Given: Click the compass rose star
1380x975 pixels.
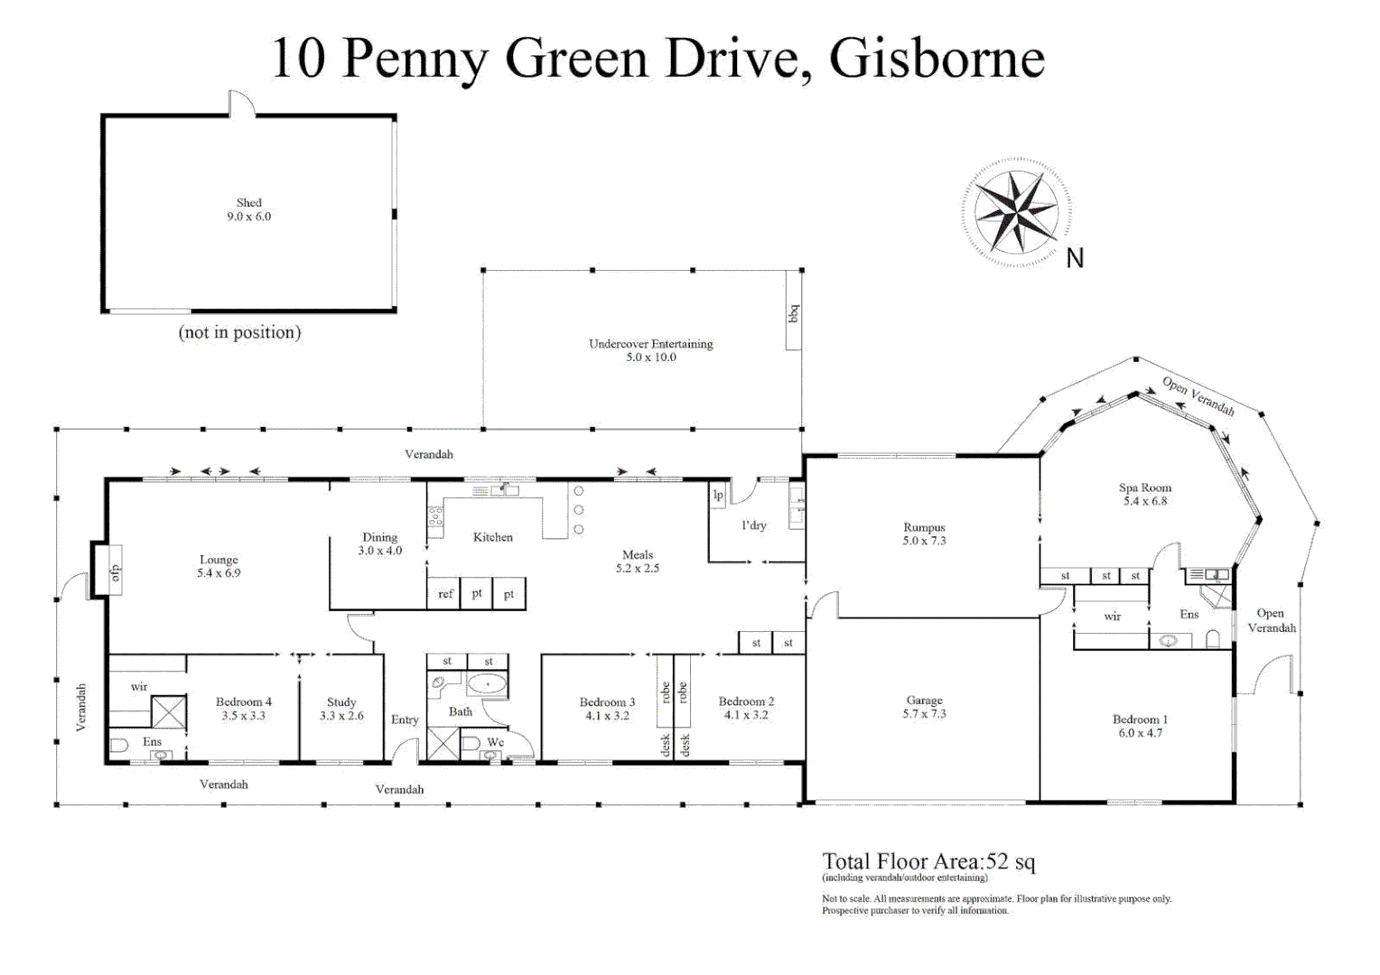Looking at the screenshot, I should click(x=1016, y=212).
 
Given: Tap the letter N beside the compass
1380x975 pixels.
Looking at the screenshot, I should click(x=1075, y=259).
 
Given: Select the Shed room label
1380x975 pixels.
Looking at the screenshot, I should click(x=249, y=203).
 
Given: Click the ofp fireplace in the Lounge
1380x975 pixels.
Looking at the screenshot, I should click(x=114, y=571).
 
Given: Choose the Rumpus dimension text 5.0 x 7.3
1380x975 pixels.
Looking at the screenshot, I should click(x=924, y=542).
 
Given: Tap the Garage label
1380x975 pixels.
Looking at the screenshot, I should click(x=924, y=701).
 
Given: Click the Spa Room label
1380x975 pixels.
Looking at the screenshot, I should click(x=1145, y=488).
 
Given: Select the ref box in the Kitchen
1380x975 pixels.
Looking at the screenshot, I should click(x=445, y=594).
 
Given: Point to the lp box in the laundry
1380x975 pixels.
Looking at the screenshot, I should click(x=718, y=496).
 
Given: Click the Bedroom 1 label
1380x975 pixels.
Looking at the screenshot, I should click(x=1140, y=720).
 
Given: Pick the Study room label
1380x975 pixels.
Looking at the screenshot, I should click(x=341, y=702).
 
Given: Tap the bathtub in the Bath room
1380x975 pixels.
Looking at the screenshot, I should click(x=487, y=684).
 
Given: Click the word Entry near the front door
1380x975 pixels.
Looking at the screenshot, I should click(x=405, y=720).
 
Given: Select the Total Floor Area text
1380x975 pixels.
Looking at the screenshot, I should click(x=928, y=861).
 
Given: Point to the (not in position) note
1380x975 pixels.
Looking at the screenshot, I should click(x=239, y=332).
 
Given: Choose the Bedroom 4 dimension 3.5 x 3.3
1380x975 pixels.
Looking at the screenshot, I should click(x=243, y=716).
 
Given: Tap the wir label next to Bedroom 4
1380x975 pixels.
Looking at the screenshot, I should click(x=139, y=687).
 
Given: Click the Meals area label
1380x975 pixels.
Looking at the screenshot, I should click(x=638, y=555).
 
